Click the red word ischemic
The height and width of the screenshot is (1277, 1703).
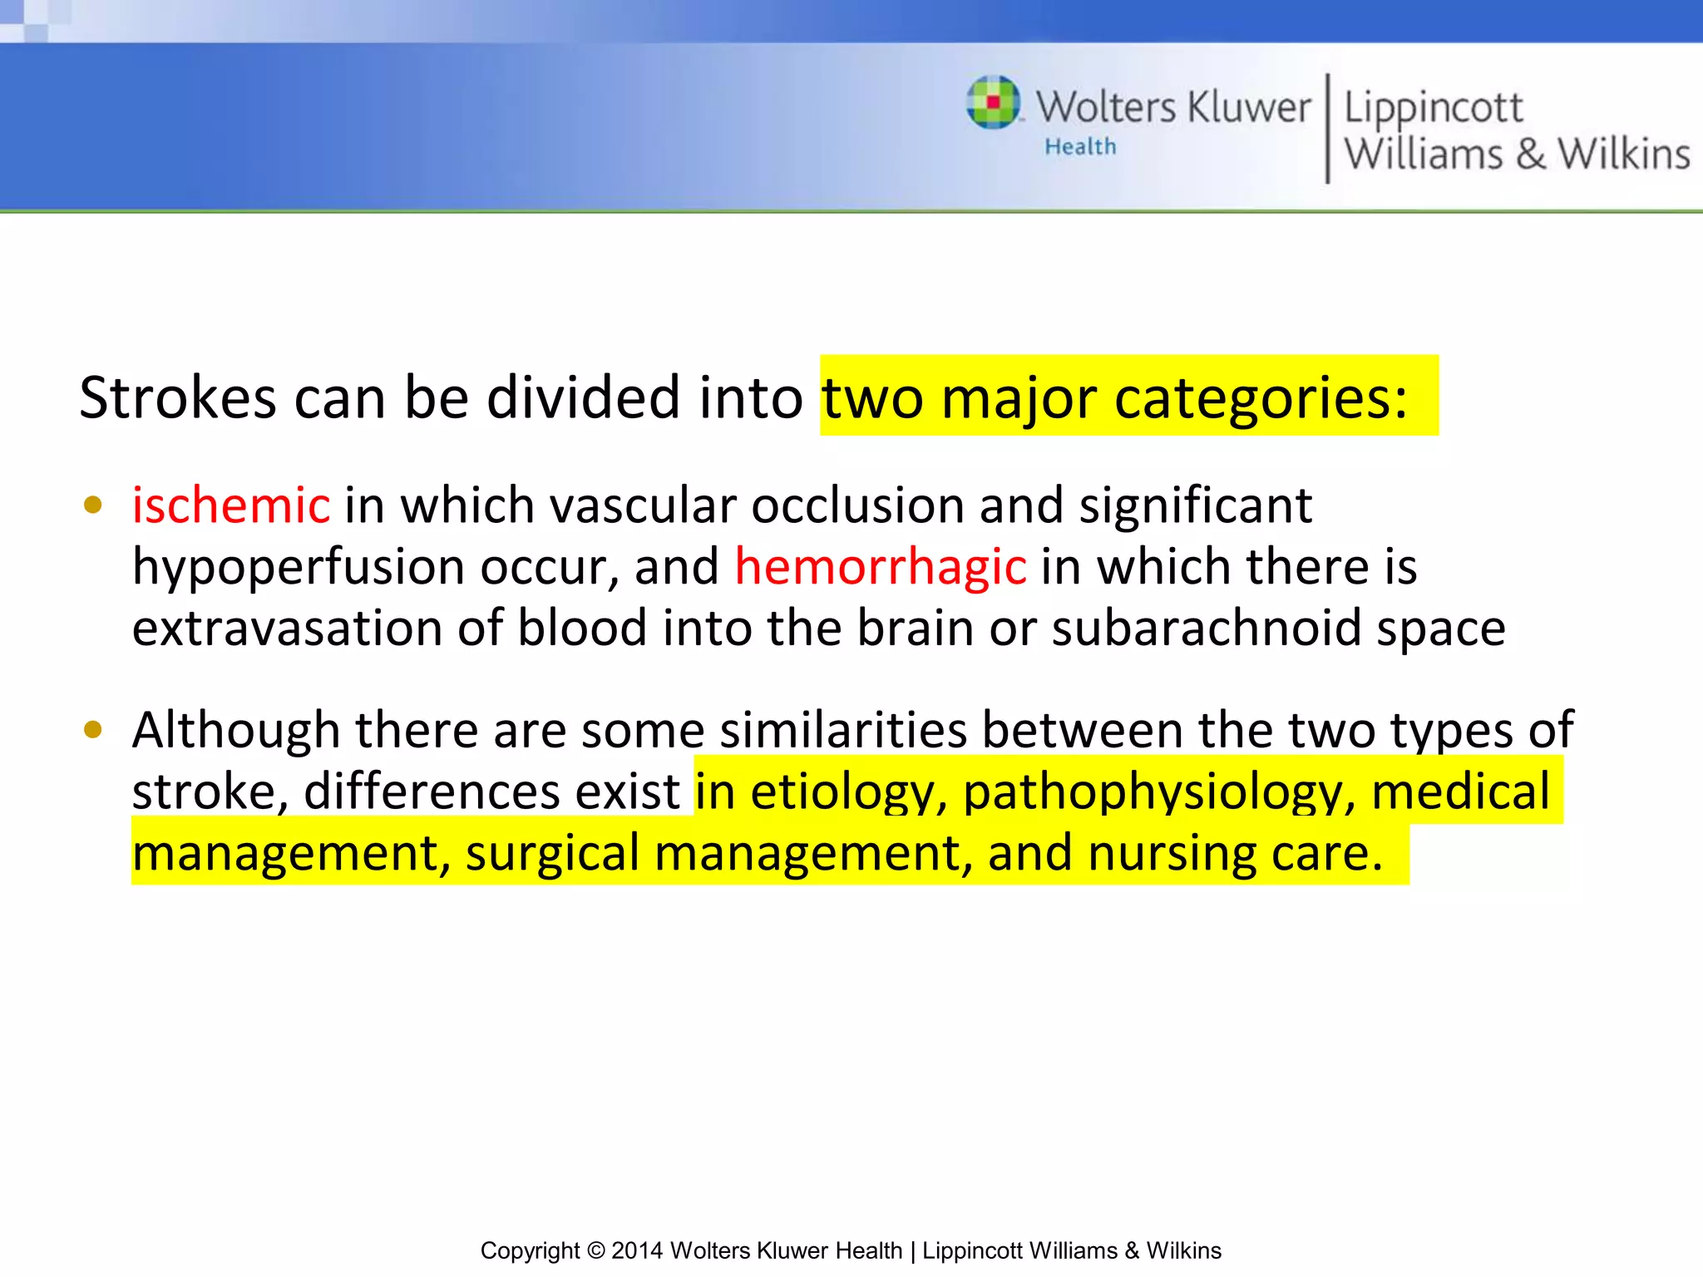click(231, 505)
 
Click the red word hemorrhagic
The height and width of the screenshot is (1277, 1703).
click(881, 567)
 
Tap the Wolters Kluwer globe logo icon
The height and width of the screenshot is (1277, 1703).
click(993, 102)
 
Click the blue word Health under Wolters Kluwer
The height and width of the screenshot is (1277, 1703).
click(1080, 147)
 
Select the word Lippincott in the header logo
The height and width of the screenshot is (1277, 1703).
click(1433, 108)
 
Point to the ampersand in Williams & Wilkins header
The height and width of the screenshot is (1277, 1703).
click(1530, 155)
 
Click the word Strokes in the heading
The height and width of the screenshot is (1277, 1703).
click(177, 397)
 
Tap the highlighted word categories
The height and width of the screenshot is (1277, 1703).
click(1260, 397)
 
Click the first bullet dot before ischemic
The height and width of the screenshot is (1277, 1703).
click(93, 505)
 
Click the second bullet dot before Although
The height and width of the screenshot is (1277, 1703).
click(93, 730)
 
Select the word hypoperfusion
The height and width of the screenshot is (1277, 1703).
click(299, 567)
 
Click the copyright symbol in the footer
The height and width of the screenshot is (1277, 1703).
click(595, 1250)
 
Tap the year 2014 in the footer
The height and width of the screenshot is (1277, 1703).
click(637, 1250)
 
